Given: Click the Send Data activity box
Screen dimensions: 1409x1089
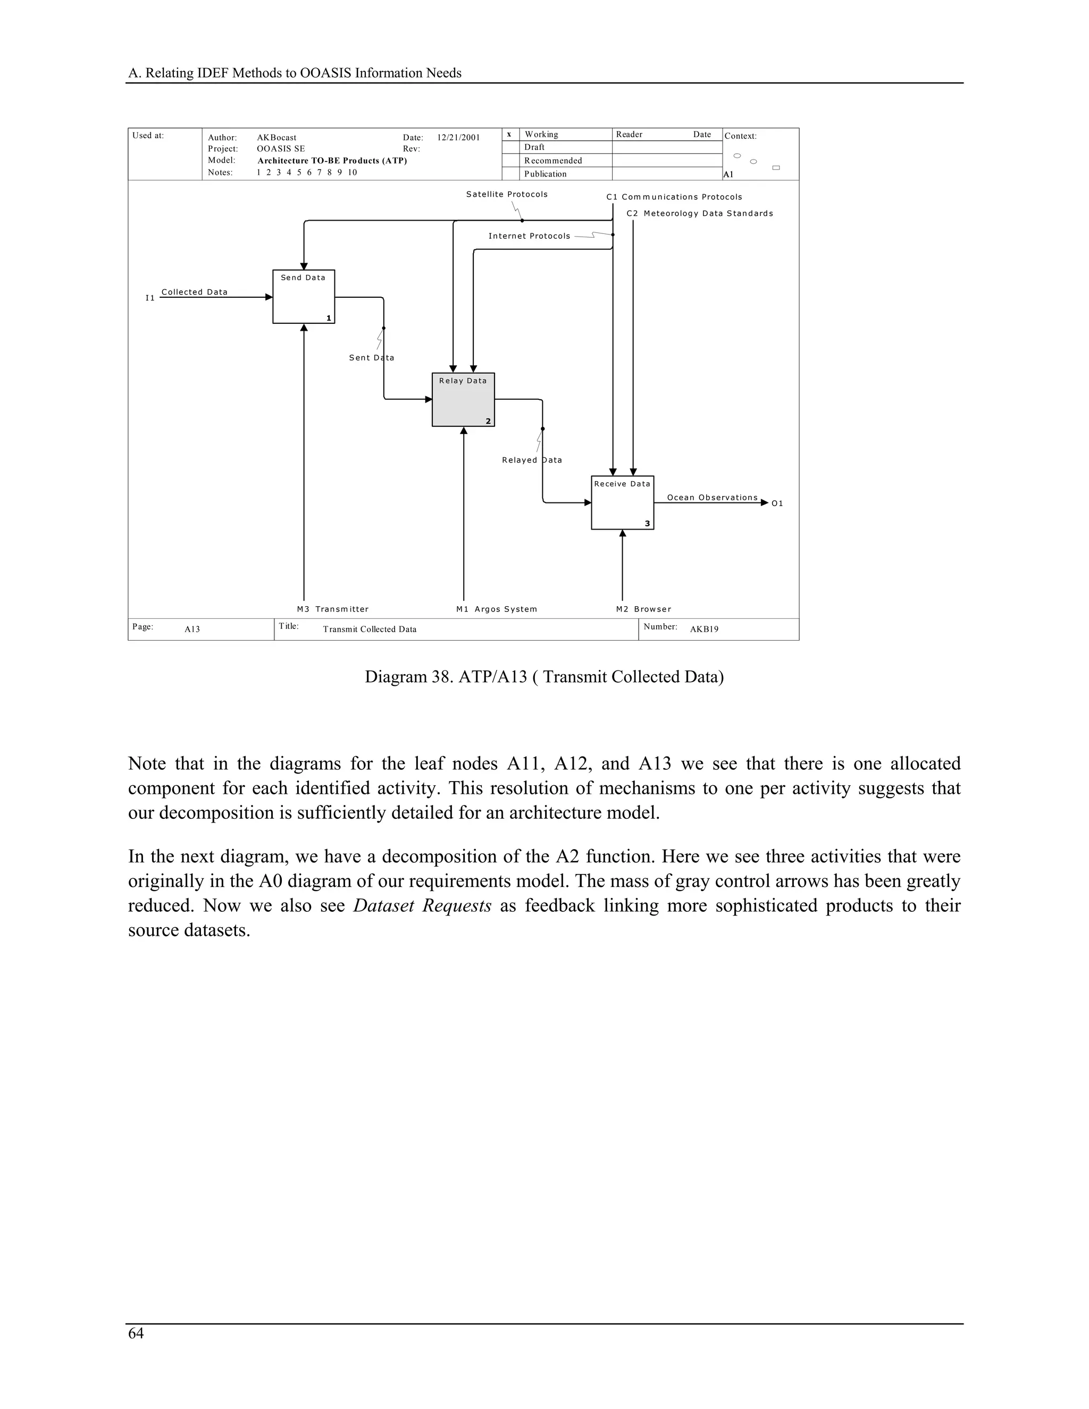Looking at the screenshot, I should pyautogui.click(x=303, y=297).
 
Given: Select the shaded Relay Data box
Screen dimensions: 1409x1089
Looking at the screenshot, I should pyautogui.click(x=463, y=399).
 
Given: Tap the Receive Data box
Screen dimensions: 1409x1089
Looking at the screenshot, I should pyautogui.click(x=622, y=502).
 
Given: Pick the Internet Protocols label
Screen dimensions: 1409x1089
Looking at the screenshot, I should pyautogui.click(x=529, y=236).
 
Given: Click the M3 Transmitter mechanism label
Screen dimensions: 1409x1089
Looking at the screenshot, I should pyautogui.click(x=332, y=609).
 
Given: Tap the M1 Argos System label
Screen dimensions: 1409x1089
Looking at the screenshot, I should pyautogui.click(x=496, y=609).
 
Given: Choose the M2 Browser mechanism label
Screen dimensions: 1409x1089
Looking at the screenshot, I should pyautogui.click(x=643, y=609).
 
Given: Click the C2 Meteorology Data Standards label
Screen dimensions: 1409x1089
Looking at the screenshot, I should pyautogui.click(x=699, y=214).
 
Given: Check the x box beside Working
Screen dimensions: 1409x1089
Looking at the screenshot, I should pyautogui.click(x=509, y=134).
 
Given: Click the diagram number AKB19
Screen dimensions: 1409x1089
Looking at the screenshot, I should pyautogui.click(x=704, y=629).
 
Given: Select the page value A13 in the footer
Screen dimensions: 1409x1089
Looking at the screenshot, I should pyautogui.click(x=192, y=629).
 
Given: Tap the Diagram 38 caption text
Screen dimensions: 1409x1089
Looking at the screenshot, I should pyautogui.click(x=544, y=677).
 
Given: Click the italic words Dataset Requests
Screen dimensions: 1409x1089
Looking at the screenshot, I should pyautogui.click(x=422, y=906).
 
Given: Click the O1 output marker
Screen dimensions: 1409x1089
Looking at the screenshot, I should pyautogui.click(x=777, y=503).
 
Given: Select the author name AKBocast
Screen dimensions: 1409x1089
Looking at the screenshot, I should pyautogui.click(x=276, y=137).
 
